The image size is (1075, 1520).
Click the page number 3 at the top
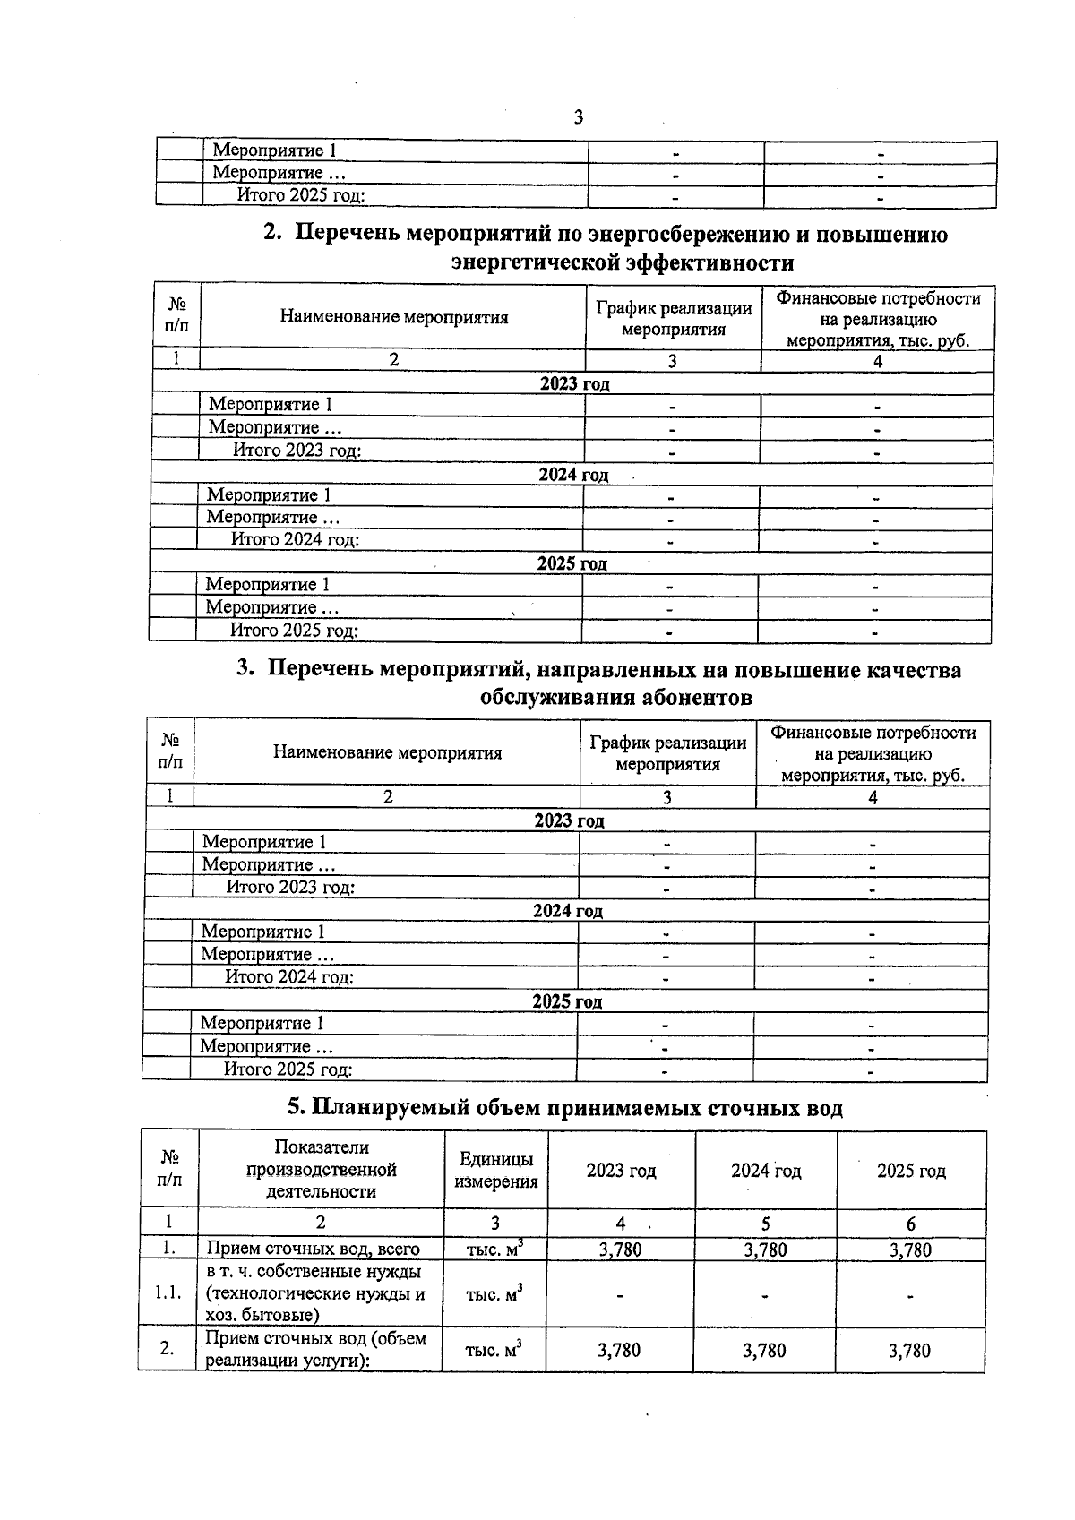[x=578, y=117]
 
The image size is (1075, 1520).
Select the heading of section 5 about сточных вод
[x=564, y=1108]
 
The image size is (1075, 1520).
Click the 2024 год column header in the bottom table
[x=766, y=1171]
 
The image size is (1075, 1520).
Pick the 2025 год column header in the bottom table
[x=911, y=1171]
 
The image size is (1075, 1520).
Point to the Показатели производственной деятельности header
[x=322, y=1170]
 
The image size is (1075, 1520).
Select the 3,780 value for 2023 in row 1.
[x=620, y=1249]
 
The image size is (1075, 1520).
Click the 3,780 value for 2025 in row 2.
[x=909, y=1351]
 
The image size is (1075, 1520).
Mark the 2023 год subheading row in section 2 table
[x=574, y=383]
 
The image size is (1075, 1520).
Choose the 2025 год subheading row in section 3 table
[x=567, y=1001]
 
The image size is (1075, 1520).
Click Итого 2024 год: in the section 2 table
[x=296, y=540]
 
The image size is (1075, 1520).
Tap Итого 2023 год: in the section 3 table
[x=290, y=888]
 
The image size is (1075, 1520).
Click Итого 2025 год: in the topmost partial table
[x=301, y=195]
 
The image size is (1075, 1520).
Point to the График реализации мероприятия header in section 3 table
[x=667, y=753]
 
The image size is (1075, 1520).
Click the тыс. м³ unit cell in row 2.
[x=494, y=1350]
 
